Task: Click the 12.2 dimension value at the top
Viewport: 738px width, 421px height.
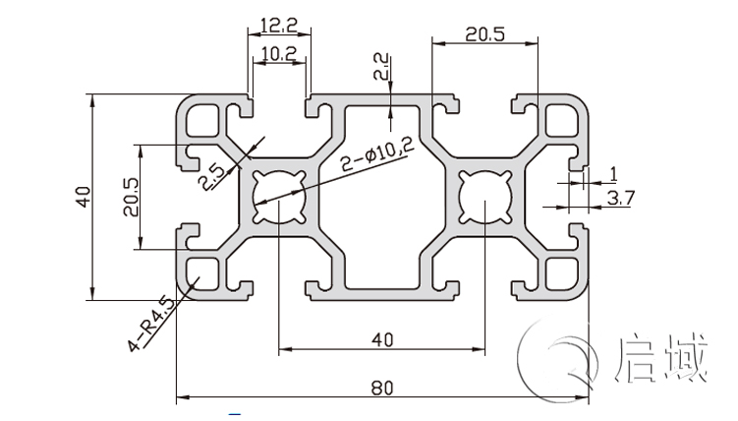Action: coord(278,24)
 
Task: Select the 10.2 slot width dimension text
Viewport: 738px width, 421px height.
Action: coord(278,54)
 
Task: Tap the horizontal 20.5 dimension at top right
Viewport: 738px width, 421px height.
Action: coord(484,33)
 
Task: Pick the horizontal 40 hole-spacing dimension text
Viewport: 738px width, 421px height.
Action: coord(382,339)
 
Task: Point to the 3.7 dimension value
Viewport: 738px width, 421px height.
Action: coord(622,198)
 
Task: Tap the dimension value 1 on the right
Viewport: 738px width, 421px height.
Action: coord(613,174)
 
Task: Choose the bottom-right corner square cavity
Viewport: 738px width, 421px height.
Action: coord(564,272)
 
